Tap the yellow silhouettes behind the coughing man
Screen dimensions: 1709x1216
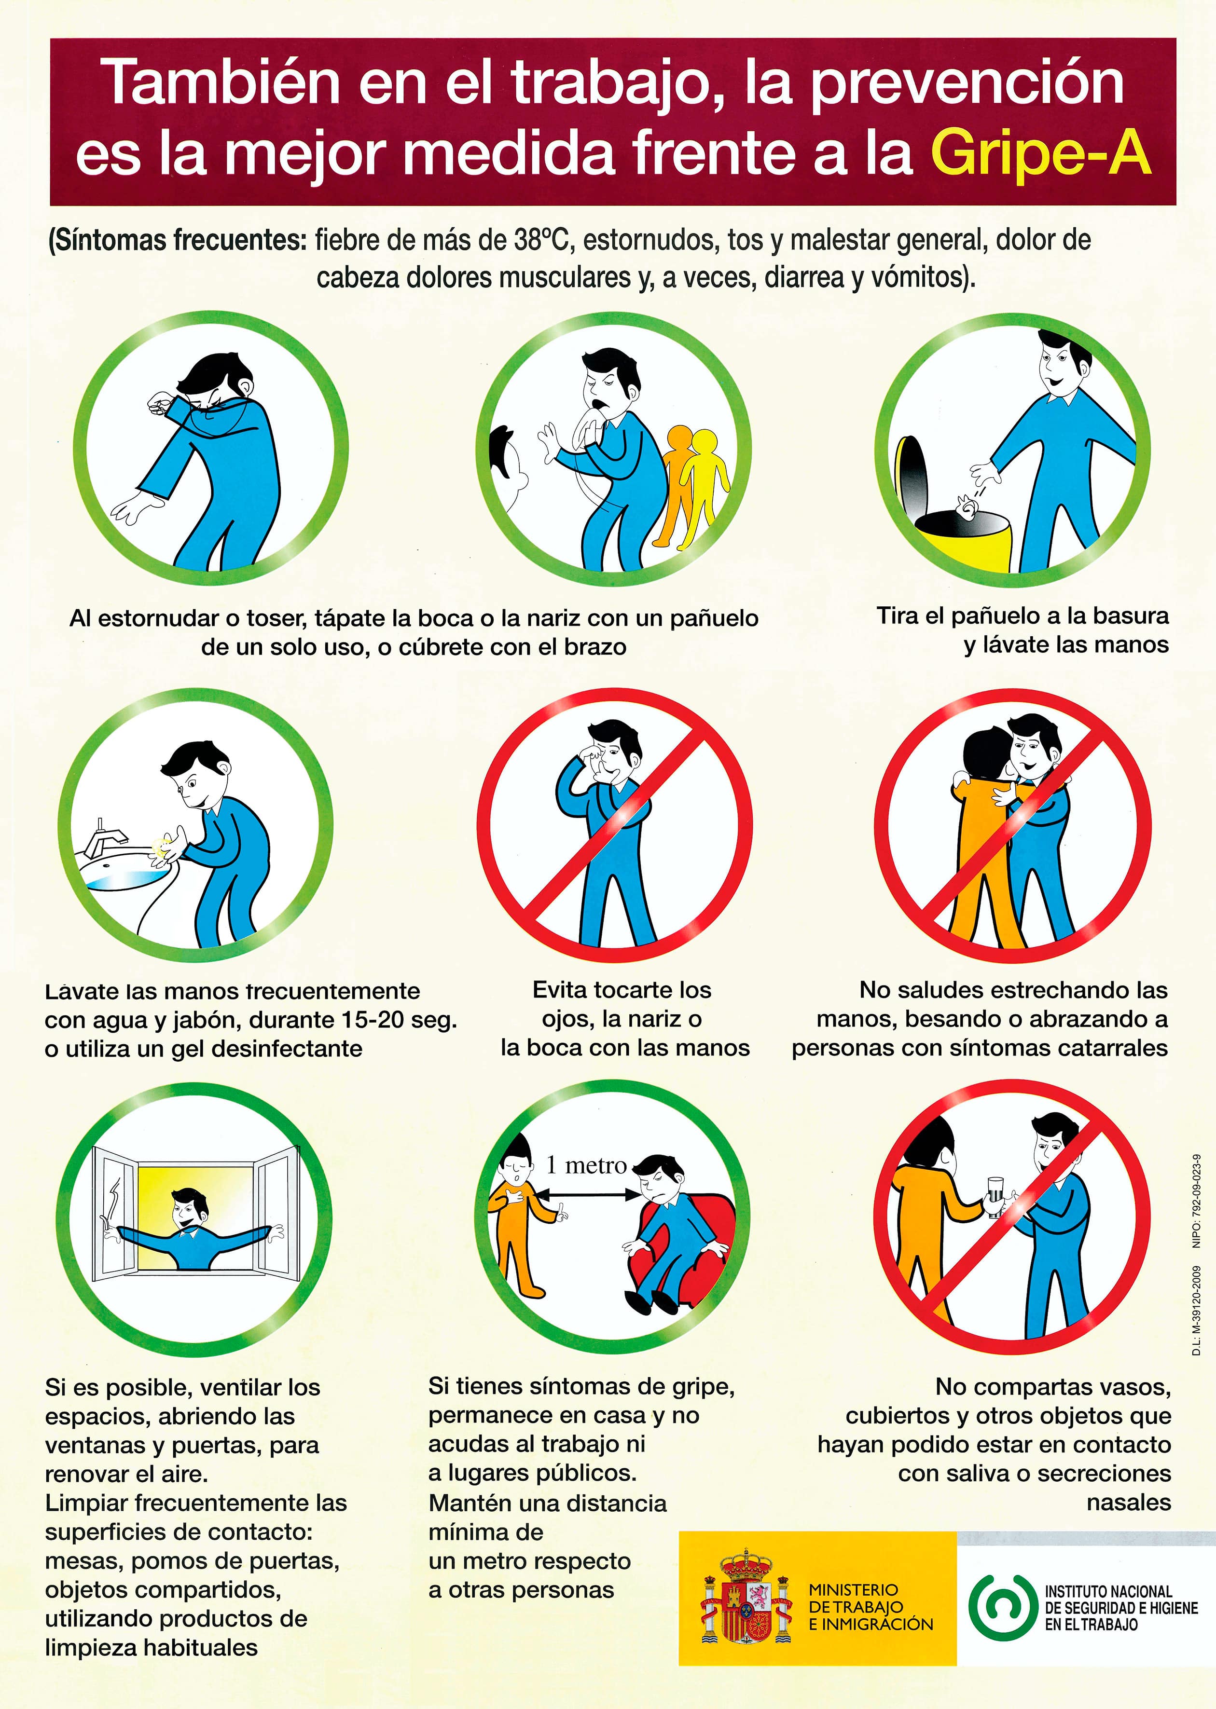click(x=692, y=479)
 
